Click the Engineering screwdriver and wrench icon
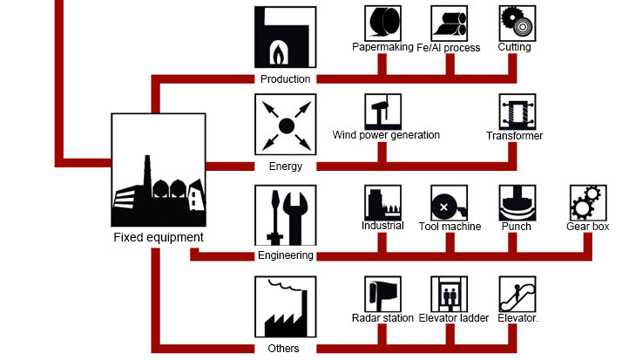[x=285, y=214]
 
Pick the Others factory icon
[x=285, y=307]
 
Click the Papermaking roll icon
[x=382, y=23]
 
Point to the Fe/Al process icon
[x=449, y=23]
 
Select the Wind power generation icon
[x=382, y=111]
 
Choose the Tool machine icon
[x=449, y=202]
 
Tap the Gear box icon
[x=588, y=202]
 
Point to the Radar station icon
[x=382, y=294]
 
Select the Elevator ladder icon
[x=449, y=294]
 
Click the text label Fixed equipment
[x=159, y=237]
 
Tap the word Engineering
[x=285, y=255]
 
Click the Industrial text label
[x=382, y=226]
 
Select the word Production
[x=285, y=78]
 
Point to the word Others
[x=285, y=349]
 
